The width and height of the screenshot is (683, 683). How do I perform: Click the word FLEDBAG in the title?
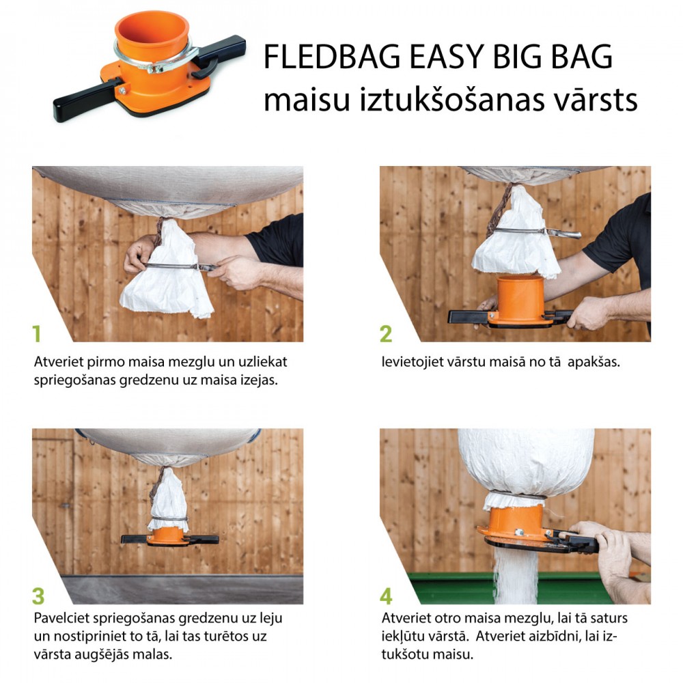point(332,57)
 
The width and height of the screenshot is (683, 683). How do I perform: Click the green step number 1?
point(37,334)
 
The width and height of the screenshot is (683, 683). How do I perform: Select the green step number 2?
point(386,334)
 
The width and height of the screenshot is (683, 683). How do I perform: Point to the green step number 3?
point(38,596)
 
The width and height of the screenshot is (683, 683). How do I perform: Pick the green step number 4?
point(386,596)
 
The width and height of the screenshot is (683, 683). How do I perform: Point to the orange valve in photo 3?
point(169,535)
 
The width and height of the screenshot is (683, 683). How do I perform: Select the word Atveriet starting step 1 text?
point(58,362)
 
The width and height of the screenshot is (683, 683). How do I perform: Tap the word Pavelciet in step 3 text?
point(61,618)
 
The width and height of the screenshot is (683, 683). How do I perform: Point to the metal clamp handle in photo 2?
point(563,234)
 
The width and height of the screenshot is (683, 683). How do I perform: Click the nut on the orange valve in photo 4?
point(519,532)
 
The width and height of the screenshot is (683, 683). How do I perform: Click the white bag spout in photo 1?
point(168,270)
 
